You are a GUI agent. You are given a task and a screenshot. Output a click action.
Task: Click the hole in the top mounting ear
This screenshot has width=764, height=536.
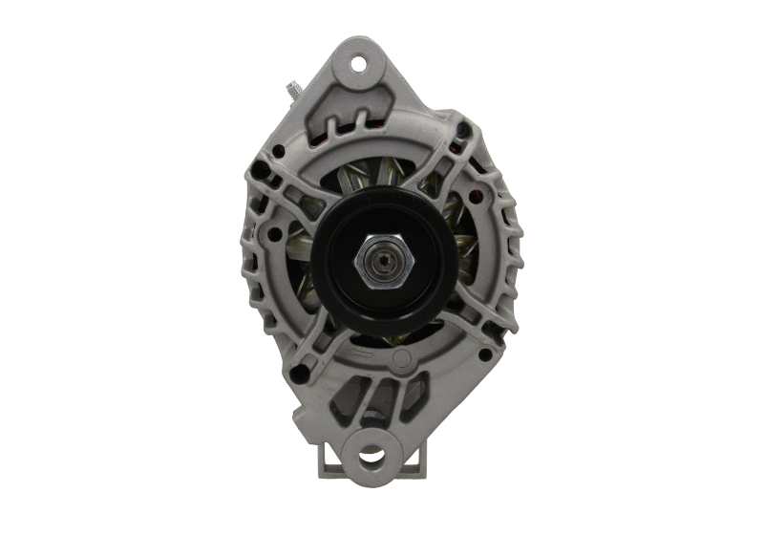tap(359, 64)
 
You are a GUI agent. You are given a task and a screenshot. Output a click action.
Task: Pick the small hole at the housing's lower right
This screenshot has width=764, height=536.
tap(483, 354)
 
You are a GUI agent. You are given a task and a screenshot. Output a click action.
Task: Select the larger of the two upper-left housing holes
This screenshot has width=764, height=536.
tap(278, 150)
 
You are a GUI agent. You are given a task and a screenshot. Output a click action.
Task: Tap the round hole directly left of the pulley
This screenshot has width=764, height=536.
tap(275, 232)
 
